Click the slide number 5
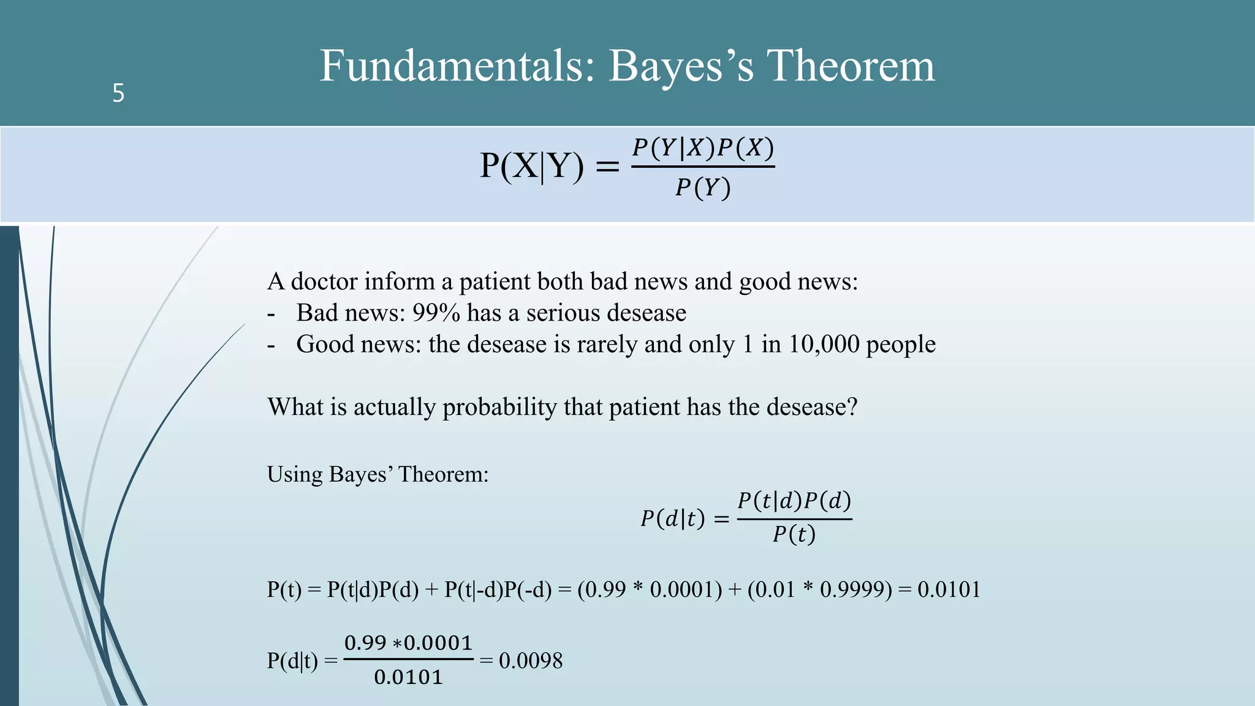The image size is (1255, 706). click(118, 93)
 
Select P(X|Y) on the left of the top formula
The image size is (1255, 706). click(532, 165)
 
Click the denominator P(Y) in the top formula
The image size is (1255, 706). click(703, 188)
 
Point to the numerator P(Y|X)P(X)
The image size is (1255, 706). click(703, 148)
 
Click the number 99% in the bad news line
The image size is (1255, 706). click(436, 313)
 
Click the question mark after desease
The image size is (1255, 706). click(852, 407)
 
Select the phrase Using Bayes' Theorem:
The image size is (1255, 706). click(377, 474)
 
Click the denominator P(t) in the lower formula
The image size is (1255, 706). click(794, 534)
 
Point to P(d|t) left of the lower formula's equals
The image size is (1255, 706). click(672, 519)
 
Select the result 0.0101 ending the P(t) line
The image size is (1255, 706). click(949, 590)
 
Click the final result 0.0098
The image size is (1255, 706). click(530, 661)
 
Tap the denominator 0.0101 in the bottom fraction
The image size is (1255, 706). click(408, 677)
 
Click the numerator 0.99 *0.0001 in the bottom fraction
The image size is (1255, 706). click(408, 643)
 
